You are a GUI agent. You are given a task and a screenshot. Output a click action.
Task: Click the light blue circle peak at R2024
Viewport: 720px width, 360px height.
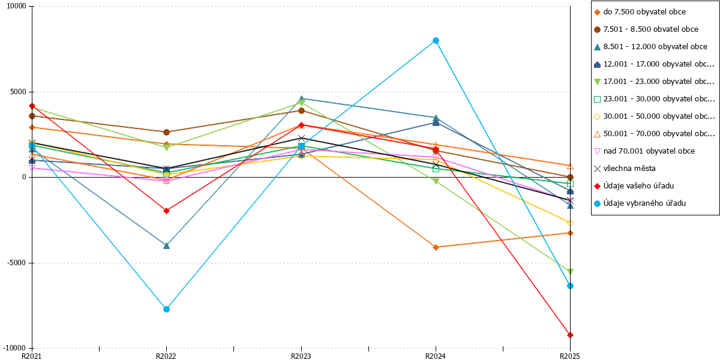coord(436,41)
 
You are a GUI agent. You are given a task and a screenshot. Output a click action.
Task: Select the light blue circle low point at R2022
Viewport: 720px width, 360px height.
coord(167,309)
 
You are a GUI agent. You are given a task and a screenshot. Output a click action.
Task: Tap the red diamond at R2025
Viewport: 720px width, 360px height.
coord(570,335)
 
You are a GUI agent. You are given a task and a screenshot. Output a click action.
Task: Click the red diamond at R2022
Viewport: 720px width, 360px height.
coord(167,211)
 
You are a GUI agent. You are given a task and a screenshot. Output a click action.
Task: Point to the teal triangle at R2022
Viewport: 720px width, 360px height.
coord(167,246)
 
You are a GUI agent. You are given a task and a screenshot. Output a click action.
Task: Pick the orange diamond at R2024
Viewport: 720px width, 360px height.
coord(436,247)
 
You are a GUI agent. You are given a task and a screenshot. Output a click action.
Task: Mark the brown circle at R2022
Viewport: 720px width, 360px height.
coord(167,132)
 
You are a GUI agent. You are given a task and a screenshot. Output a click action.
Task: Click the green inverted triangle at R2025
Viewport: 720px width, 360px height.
coord(570,272)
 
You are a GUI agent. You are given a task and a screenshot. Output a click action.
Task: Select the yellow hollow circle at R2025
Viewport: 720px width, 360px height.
coord(570,223)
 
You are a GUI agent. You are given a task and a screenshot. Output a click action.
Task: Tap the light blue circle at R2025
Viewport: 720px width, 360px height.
coord(570,286)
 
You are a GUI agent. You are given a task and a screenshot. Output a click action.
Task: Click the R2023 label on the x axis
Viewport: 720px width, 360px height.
coord(301,356)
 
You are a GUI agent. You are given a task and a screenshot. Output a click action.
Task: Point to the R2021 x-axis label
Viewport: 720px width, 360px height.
coord(31,356)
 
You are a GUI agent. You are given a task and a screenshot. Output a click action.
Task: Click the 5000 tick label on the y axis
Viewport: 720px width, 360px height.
coord(18,92)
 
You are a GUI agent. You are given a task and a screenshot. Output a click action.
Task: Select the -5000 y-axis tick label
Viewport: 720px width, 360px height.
coord(16,263)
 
